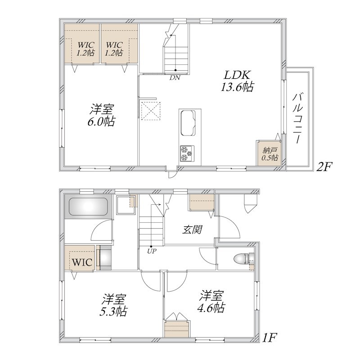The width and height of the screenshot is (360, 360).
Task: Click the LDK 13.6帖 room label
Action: coord(237,81)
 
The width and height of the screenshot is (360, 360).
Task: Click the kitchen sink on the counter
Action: coord(188,123)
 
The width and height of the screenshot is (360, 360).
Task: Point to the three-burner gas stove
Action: coord(187,153)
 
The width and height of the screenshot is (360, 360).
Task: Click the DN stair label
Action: coord(175,77)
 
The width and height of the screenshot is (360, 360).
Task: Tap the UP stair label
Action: coord(152,251)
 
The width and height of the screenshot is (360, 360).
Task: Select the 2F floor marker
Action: coord(324,167)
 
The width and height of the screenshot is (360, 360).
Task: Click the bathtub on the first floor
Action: coord(88,207)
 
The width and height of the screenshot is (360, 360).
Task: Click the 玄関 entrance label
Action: coord(192,229)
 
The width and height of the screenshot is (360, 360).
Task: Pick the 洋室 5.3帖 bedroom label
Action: coord(114,305)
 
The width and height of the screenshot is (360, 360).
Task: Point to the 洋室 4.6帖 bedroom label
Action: coord(211,301)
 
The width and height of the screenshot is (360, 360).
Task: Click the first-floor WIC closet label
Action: coord(82,262)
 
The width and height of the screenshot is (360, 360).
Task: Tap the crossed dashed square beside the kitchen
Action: coord(151,111)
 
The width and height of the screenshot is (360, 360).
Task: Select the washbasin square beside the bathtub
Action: coord(125,205)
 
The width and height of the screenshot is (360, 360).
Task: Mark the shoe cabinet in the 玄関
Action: coord(201,202)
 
